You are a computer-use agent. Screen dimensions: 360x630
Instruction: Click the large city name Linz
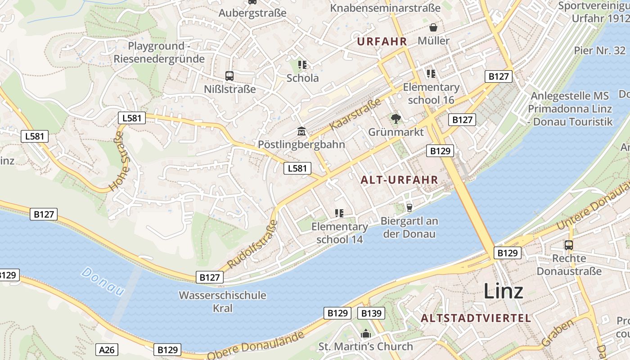[x=503, y=291]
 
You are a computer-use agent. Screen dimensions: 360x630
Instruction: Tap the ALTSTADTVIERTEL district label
[x=476, y=318]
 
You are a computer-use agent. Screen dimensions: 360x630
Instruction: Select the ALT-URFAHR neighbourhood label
[x=399, y=180]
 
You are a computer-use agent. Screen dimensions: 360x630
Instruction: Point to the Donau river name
[x=103, y=281]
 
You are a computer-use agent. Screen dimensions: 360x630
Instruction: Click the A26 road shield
[x=107, y=349]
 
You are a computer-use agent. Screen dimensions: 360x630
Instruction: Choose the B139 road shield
[x=371, y=313]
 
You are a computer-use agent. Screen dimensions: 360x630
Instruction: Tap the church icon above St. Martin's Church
[x=365, y=334]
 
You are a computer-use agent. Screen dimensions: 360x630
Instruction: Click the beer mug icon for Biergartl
[x=409, y=207]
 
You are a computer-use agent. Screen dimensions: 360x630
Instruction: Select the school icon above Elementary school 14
[x=339, y=213]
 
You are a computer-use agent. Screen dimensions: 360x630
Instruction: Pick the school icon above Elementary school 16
[x=431, y=73]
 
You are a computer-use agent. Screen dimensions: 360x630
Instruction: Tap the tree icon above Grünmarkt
[x=396, y=119]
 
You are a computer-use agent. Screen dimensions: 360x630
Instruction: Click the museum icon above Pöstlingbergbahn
[x=301, y=132]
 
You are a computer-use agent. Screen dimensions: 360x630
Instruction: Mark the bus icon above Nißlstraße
[x=229, y=76]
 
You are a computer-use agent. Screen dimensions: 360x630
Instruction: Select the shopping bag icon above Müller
[x=433, y=27]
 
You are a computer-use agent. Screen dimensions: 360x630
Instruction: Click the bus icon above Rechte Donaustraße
[x=569, y=245]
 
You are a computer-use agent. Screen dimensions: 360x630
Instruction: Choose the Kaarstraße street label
[x=355, y=114]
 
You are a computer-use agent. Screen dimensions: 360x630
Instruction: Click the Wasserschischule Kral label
[x=222, y=301]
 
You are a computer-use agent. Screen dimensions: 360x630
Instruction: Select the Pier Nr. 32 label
[x=599, y=50]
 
